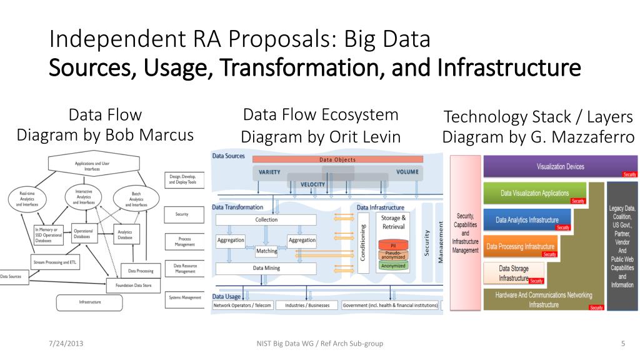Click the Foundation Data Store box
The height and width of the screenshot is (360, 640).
point(134,286)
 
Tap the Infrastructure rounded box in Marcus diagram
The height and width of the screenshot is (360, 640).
point(90,302)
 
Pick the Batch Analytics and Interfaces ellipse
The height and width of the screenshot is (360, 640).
point(136,199)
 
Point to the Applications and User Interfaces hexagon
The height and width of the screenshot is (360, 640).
point(92,166)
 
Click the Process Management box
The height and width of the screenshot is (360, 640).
point(184,242)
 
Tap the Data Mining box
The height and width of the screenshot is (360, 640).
point(266,268)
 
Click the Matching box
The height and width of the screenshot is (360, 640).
point(267,251)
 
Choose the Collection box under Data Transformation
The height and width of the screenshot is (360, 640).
point(266,220)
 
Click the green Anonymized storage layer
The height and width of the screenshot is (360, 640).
point(393,266)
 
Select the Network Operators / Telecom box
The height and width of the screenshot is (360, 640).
point(242,306)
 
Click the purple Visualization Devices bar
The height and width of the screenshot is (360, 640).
point(560,167)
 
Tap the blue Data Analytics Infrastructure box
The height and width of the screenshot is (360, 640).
point(527,220)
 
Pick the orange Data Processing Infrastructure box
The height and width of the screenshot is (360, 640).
point(520,247)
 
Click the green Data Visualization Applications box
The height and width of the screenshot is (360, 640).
point(534,193)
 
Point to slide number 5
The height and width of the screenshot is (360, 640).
point(623,343)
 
